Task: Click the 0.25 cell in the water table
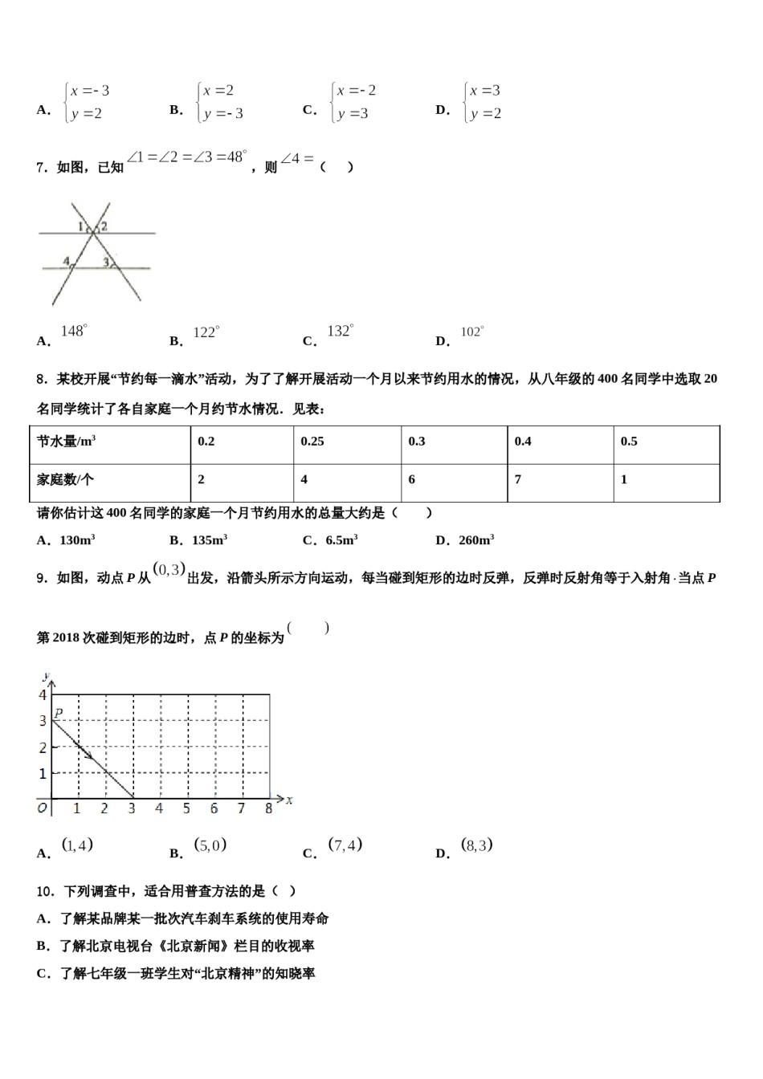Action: (x=312, y=442)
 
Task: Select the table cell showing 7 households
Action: (x=518, y=479)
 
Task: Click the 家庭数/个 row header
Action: (x=65, y=479)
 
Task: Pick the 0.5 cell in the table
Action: (x=629, y=442)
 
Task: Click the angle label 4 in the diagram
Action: (x=66, y=261)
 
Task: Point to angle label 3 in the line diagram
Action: (x=105, y=262)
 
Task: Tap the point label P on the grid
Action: (x=59, y=712)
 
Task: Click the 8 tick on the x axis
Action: (x=269, y=808)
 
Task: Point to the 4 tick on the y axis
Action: (x=43, y=695)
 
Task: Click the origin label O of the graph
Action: (x=43, y=808)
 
